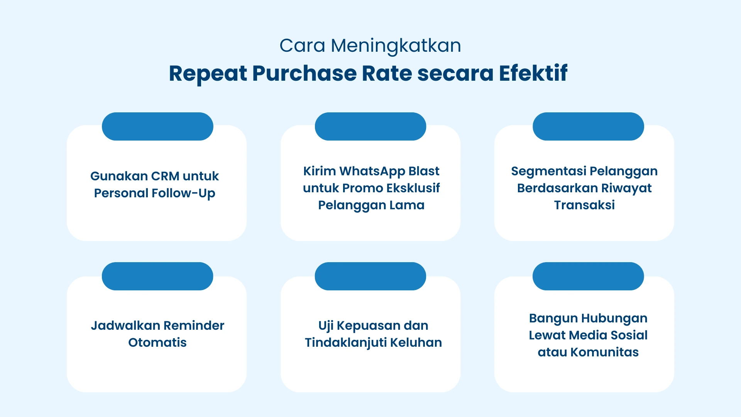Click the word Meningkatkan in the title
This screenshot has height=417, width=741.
pos(396,46)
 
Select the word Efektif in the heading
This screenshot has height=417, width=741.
pos(533,73)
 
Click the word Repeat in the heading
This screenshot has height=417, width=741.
pos(208,73)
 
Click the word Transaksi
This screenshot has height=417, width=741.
pos(584,205)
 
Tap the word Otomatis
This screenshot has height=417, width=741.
pos(157,342)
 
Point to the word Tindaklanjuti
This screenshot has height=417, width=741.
pos(345,342)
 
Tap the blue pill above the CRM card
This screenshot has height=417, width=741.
pos(157,127)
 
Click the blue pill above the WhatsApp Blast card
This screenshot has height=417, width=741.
pos(370,127)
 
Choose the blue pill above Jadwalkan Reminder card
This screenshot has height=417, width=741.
pos(157,276)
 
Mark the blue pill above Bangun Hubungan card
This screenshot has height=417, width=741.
pos(588,276)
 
